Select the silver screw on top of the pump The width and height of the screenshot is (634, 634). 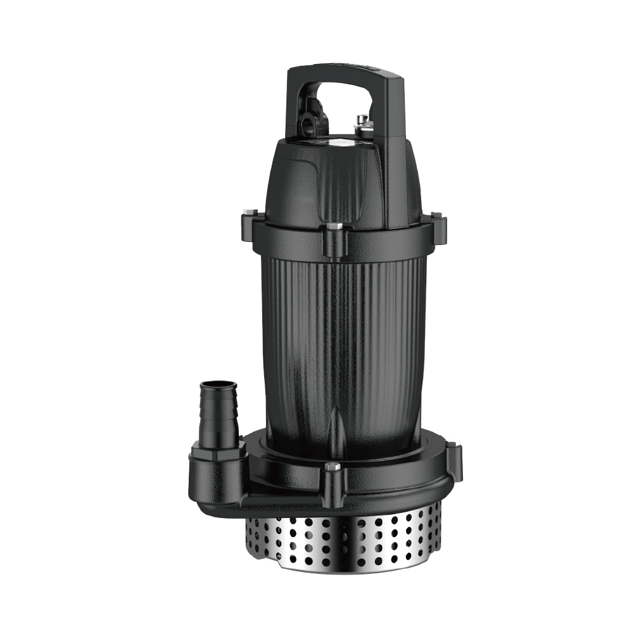point(363,120)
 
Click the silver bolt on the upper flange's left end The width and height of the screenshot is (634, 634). point(248,213)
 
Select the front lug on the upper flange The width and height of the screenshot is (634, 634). point(334,241)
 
